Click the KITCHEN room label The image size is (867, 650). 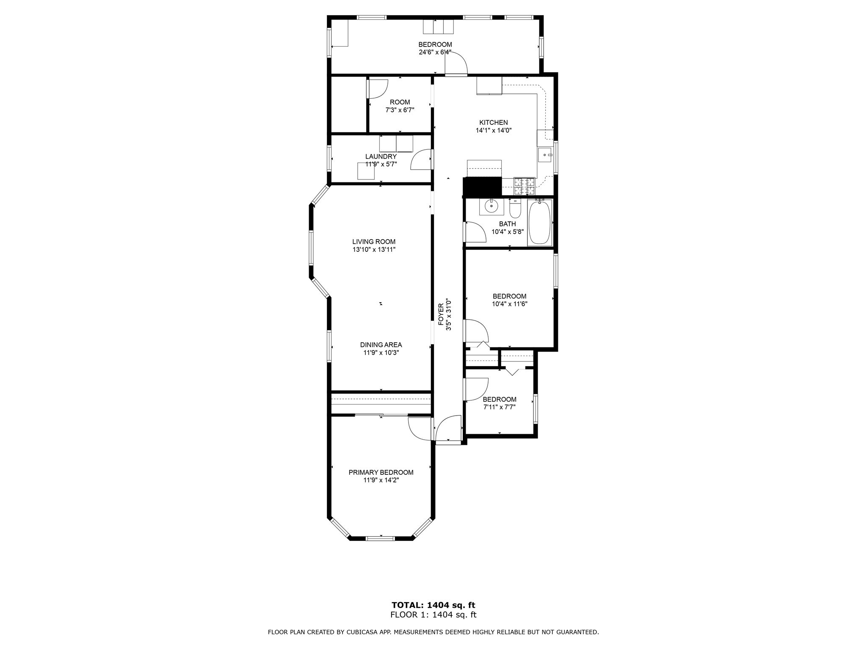click(x=493, y=123)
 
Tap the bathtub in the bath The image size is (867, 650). click(x=540, y=222)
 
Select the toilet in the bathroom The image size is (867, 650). click(x=515, y=209)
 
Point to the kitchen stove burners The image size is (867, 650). click(x=524, y=183)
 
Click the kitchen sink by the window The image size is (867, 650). click(x=544, y=155)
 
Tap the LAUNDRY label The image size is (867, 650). click(x=381, y=157)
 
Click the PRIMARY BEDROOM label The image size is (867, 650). click(x=381, y=472)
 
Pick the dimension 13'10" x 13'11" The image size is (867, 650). click(x=374, y=250)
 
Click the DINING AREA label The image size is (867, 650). click(x=381, y=345)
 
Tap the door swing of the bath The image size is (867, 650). click(x=475, y=232)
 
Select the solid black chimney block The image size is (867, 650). click(x=482, y=187)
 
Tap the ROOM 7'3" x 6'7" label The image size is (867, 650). click(x=400, y=106)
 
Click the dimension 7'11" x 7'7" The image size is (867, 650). click(x=500, y=407)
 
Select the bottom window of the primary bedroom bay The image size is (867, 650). click(x=380, y=538)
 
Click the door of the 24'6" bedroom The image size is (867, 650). click(x=456, y=63)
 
